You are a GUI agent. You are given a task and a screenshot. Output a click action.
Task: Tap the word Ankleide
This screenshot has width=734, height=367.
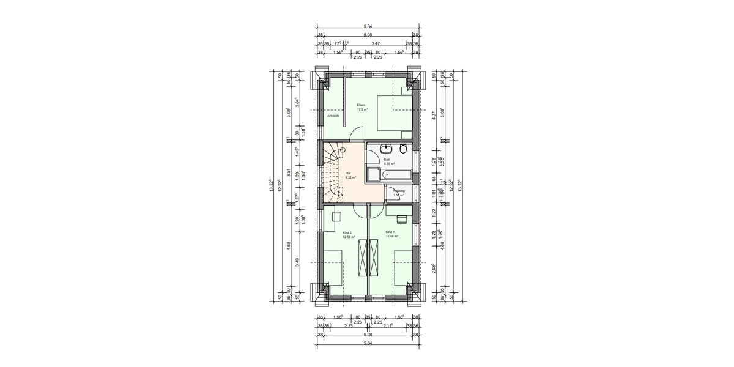point(333,116)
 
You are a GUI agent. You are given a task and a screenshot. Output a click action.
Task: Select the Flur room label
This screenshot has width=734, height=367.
point(348,173)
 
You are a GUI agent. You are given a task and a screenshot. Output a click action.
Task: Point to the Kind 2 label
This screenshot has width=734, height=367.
point(347,233)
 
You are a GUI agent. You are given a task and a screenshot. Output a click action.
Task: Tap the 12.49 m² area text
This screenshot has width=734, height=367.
point(391,237)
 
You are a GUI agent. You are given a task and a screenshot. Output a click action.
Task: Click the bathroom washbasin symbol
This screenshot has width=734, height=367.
point(387,149)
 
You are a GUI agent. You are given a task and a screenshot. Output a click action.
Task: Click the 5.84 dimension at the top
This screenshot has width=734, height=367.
point(367,26)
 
